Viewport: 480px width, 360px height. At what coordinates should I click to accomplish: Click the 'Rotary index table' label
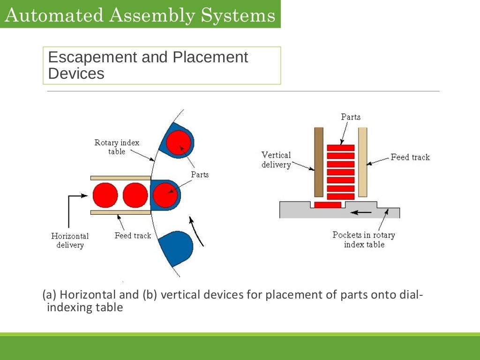[117, 147]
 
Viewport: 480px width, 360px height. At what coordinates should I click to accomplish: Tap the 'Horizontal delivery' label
[70, 240]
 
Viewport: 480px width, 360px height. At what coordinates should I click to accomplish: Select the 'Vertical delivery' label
[276, 159]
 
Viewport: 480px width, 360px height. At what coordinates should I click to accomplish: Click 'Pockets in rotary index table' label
[364, 240]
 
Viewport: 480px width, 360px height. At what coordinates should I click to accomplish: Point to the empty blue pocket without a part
[176, 246]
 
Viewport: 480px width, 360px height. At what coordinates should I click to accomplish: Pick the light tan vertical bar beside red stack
[362, 162]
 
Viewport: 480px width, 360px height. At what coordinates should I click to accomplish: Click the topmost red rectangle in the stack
[341, 148]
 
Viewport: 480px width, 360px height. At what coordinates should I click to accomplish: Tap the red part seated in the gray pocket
[328, 205]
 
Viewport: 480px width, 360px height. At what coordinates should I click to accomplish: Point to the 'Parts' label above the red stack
[351, 117]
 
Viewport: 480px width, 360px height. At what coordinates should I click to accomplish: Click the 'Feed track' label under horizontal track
[133, 235]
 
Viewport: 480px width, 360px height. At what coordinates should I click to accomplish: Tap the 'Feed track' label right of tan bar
[410, 157]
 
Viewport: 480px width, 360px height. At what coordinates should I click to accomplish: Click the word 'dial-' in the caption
[411, 295]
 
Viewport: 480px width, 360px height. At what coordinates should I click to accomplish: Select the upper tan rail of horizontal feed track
[120, 178]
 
